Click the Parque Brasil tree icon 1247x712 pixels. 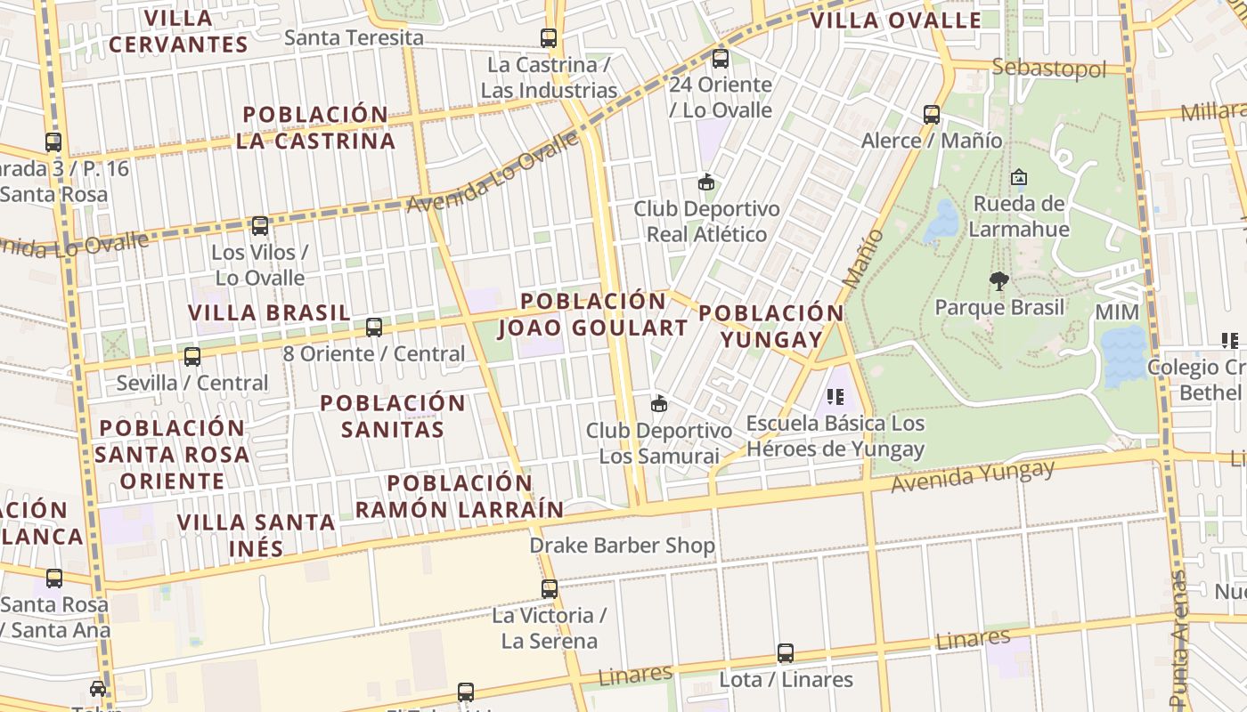tap(998, 281)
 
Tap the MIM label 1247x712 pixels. tap(1117, 312)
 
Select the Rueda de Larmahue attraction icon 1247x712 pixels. tap(1018, 177)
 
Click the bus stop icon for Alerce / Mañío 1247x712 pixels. tap(931, 114)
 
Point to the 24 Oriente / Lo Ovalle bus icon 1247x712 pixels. tap(720, 59)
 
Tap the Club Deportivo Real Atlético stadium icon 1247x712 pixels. tap(706, 182)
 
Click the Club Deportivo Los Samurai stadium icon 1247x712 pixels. tap(659, 404)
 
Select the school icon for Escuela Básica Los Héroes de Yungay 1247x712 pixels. tap(835, 397)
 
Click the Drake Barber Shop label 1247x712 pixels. tap(622, 545)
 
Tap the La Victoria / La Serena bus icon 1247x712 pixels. tap(550, 588)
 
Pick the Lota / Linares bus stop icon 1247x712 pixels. tap(785, 653)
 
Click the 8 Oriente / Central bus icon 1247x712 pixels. tap(374, 327)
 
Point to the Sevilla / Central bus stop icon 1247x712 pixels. tap(192, 357)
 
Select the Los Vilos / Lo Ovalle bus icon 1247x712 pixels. tap(259, 226)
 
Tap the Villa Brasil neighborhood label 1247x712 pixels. tap(269, 312)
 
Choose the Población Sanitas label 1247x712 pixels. tap(393, 416)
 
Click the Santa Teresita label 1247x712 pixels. tap(354, 37)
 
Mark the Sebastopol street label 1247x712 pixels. tap(1048, 68)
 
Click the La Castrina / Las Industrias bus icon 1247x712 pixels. tap(549, 38)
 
